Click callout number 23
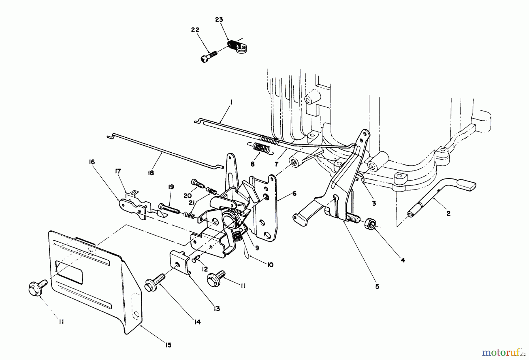pyautogui.click(x=219, y=20)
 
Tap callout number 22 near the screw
pyautogui.click(x=195, y=30)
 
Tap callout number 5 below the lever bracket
pyautogui.click(x=377, y=286)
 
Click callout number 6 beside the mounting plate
pyautogui.click(x=294, y=194)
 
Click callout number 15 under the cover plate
pyautogui.click(x=168, y=345)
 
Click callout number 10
pyautogui.click(x=270, y=265)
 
